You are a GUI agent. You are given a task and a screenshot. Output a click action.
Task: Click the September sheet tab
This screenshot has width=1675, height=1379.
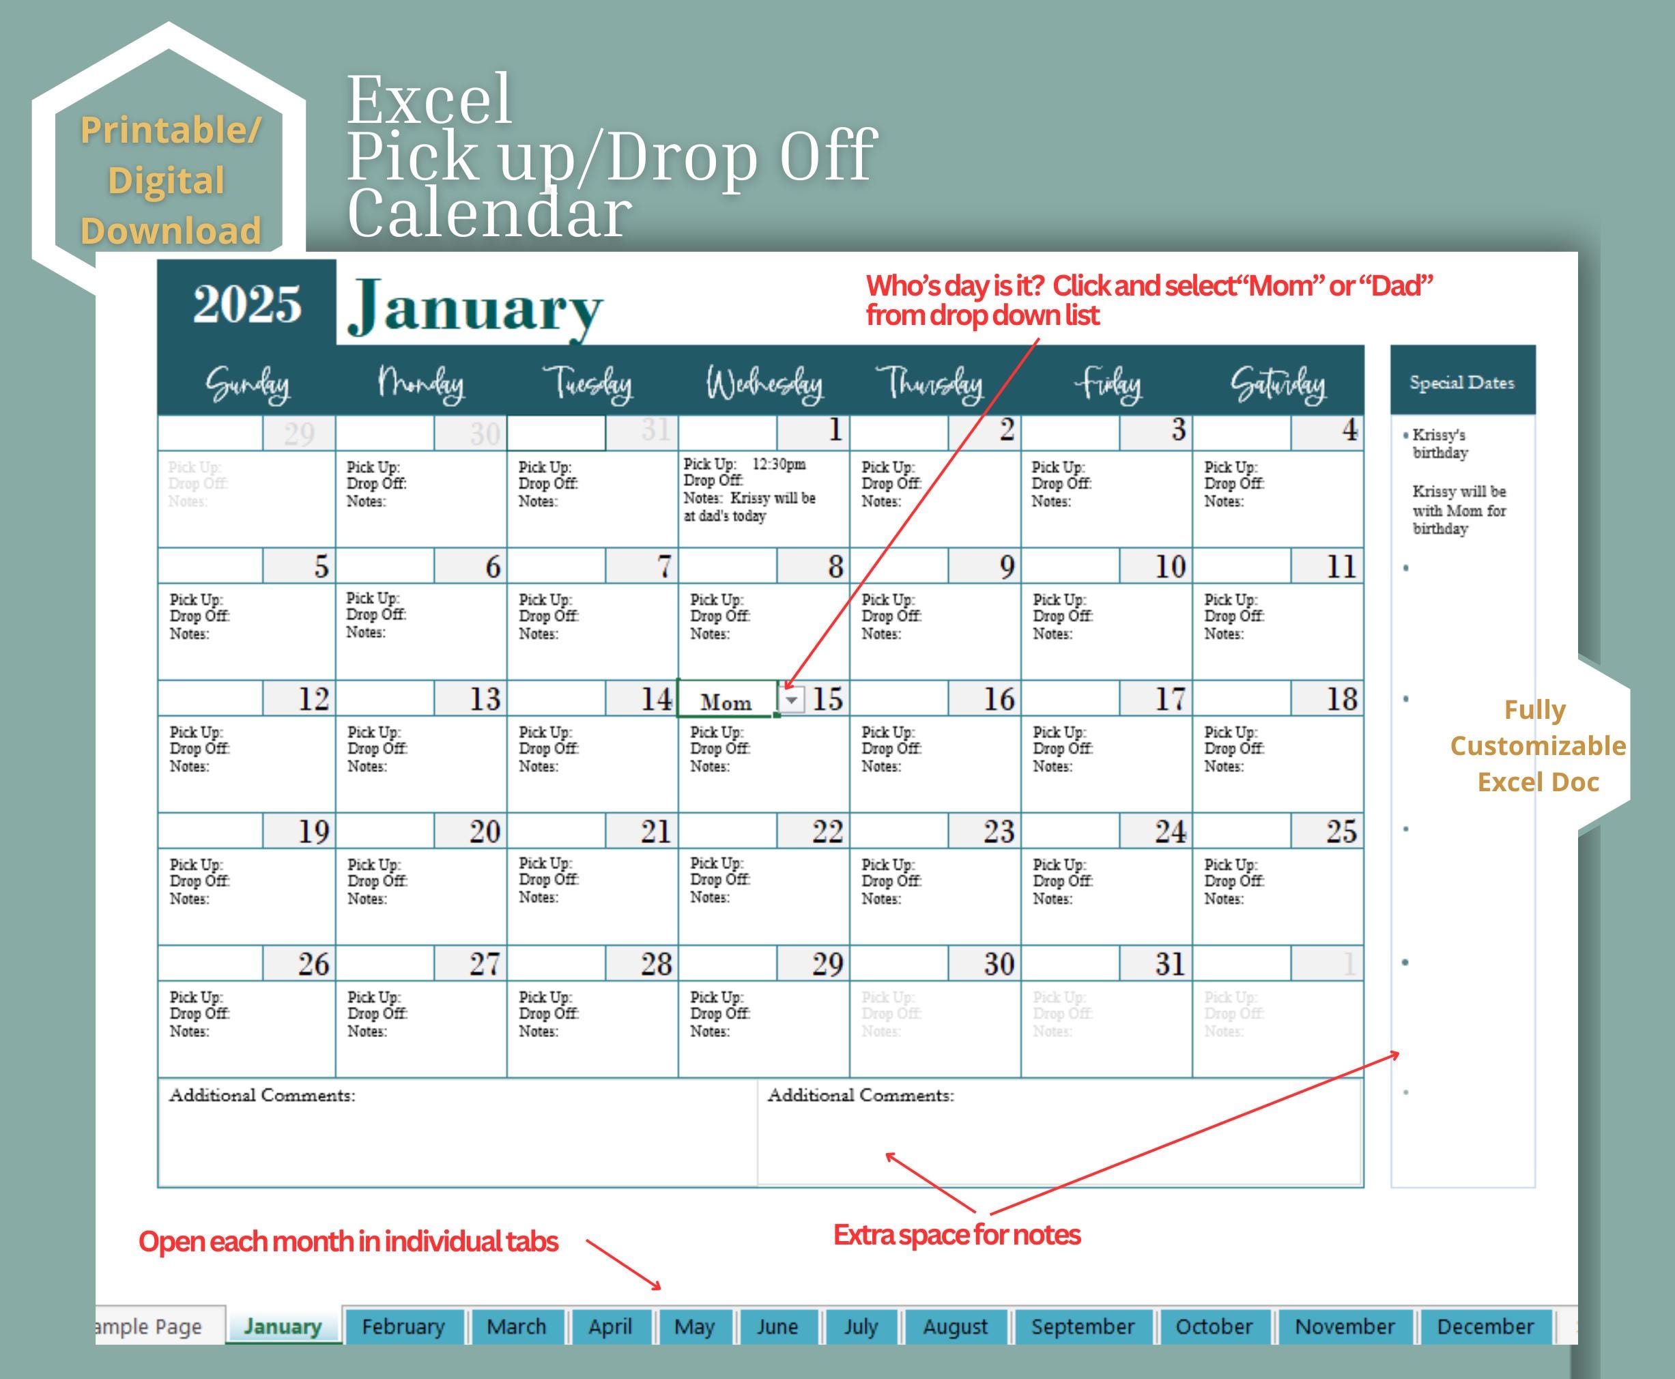1082,1326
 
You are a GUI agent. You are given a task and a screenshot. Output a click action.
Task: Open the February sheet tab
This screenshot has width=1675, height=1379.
403,1326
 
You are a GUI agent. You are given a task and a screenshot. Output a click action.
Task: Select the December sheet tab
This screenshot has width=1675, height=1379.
1485,1326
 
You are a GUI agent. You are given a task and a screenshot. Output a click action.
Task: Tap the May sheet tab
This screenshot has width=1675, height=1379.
693,1326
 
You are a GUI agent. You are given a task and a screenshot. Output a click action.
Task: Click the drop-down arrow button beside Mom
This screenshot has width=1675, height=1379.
792,700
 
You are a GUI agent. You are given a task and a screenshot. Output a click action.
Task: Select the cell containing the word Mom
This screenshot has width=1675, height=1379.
726,701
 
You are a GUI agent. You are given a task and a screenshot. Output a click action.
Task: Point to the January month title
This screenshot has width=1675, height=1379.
475,308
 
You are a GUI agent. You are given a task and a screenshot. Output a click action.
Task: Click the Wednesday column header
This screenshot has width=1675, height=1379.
764,384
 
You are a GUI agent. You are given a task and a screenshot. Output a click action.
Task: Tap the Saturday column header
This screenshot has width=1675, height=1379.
1277,384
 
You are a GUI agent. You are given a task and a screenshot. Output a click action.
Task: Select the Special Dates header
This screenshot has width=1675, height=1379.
1461,382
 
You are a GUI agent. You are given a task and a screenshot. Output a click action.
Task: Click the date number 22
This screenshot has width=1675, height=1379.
827,831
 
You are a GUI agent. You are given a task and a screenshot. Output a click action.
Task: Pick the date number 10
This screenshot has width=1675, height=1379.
1169,567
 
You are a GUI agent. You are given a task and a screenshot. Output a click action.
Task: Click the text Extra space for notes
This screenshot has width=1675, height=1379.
956,1234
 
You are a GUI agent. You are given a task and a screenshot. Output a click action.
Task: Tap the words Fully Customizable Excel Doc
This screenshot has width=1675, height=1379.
1537,745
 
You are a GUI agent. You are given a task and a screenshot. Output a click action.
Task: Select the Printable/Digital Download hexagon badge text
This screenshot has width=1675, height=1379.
170,180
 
